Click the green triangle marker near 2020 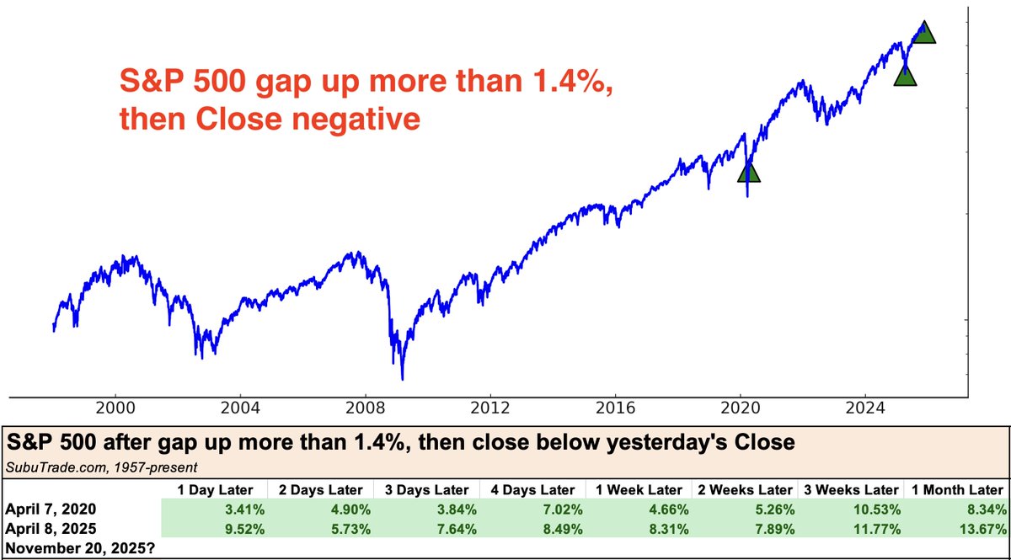(x=748, y=173)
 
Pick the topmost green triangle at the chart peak (x=924, y=34)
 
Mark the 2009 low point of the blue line (x=404, y=378)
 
